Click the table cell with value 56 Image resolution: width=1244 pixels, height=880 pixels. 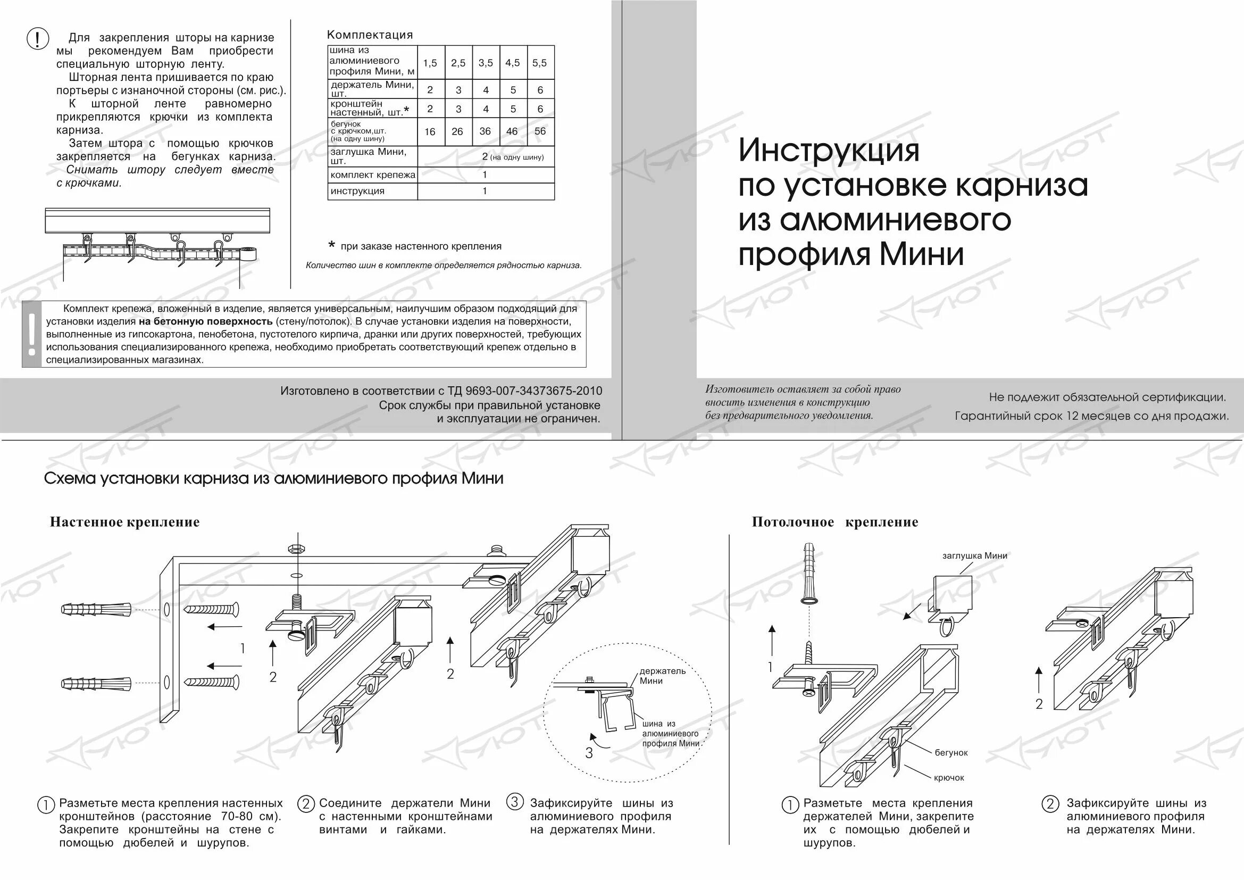[540, 131]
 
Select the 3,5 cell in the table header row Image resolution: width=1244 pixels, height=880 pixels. [486, 63]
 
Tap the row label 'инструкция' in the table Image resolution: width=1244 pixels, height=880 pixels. [357, 192]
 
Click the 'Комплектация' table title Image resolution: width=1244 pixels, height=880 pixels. [370, 35]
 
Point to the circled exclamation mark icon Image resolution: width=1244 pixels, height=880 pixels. [37, 39]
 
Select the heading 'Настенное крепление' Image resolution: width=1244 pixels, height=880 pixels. [124, 522]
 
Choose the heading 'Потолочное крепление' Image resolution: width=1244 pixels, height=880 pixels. [835, 522]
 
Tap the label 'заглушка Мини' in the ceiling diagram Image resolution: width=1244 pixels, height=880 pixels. [975, 555]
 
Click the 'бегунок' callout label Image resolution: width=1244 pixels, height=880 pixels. [951, 753]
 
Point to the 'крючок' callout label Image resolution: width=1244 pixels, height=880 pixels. [949, 778]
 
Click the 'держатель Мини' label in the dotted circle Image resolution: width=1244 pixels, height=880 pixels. [662, 676]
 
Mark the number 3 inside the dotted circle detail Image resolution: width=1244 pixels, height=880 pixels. [589, 753]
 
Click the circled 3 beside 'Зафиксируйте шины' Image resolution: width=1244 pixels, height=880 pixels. [515, 802]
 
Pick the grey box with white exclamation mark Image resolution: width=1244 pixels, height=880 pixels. [32, 334]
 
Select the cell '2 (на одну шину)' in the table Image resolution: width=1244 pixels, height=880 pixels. [512, 157]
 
